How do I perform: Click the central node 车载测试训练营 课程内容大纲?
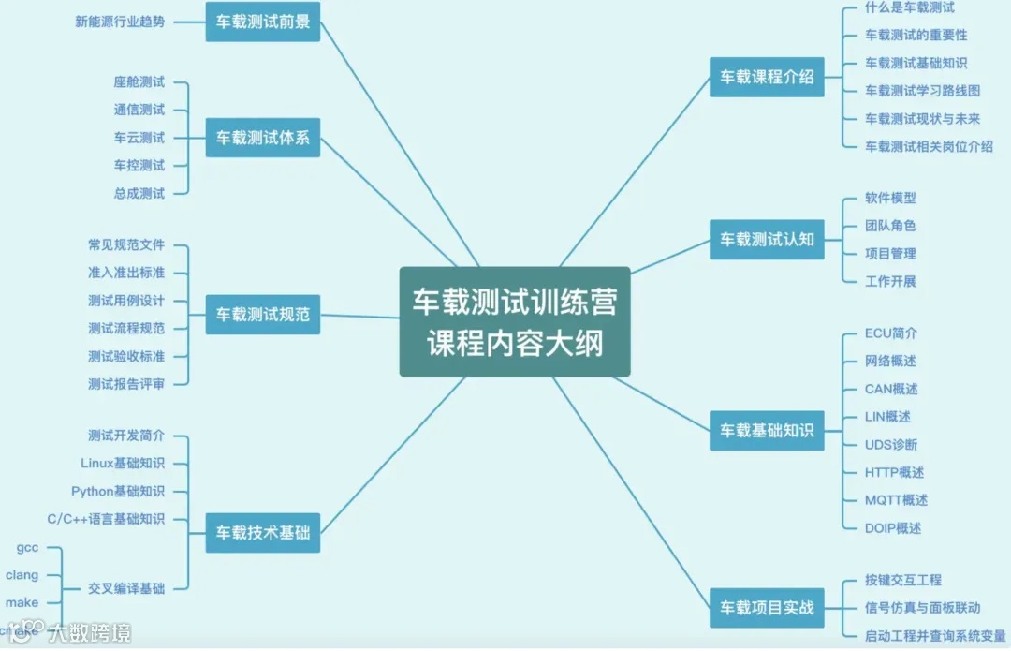(x=515, y=321)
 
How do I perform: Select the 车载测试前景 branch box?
(x=263, y=22)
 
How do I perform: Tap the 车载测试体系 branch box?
(x=263, y=138)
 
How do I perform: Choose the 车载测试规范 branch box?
(x=263, y=314)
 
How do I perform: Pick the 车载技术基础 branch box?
(x=263, y=533)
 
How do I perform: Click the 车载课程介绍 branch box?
(x=767, y=77)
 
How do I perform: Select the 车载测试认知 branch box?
(x=767, y=239)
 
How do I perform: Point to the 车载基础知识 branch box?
(x=767, y=431)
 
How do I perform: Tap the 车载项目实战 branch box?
(x=767, y=608)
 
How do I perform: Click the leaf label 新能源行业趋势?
(x=120, y=22)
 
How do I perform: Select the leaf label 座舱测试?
(x=139, y=82)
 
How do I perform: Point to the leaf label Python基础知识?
(x=118, y=491)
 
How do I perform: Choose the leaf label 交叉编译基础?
(x=126, y=588)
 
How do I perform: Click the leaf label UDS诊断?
(x=891, y=444)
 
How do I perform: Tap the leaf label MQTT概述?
(x=896, y=500)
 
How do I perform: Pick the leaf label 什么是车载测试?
(x=910, y=7)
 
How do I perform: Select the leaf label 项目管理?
(x=890, y=253)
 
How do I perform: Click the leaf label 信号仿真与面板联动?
(x=923, y=608)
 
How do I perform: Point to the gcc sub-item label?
(x=27, y=547)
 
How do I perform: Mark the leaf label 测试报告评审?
(x=126, y=383)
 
